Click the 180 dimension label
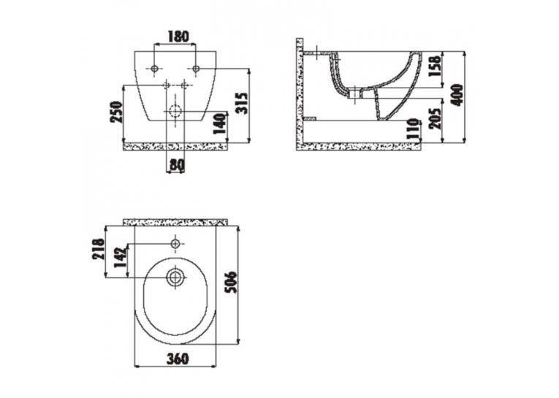point(178,37)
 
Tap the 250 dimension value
point(117,112)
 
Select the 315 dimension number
point(242,103)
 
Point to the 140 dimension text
point(220,123)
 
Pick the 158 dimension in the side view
point(435,66)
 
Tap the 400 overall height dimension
point(457,95)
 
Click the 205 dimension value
point(435,118)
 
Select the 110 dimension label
point(413,129)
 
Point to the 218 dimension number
point(99,249)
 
